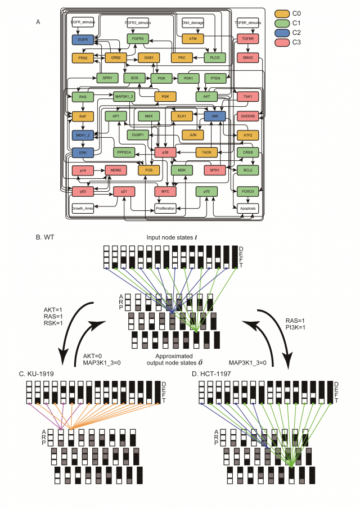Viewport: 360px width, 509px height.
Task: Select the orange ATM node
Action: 192,39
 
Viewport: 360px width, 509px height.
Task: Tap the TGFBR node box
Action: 247,39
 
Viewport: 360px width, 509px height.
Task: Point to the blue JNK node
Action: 214,116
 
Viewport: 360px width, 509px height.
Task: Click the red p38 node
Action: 165,152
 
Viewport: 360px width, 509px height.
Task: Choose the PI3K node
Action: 161,79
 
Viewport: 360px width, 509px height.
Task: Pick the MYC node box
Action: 165,191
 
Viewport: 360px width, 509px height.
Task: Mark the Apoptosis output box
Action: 247,209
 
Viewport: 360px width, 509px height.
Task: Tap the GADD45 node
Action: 247,116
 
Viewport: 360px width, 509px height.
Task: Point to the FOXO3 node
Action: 247,191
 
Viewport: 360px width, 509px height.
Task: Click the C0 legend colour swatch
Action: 284,13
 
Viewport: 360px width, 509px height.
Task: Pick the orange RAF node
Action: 82,116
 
